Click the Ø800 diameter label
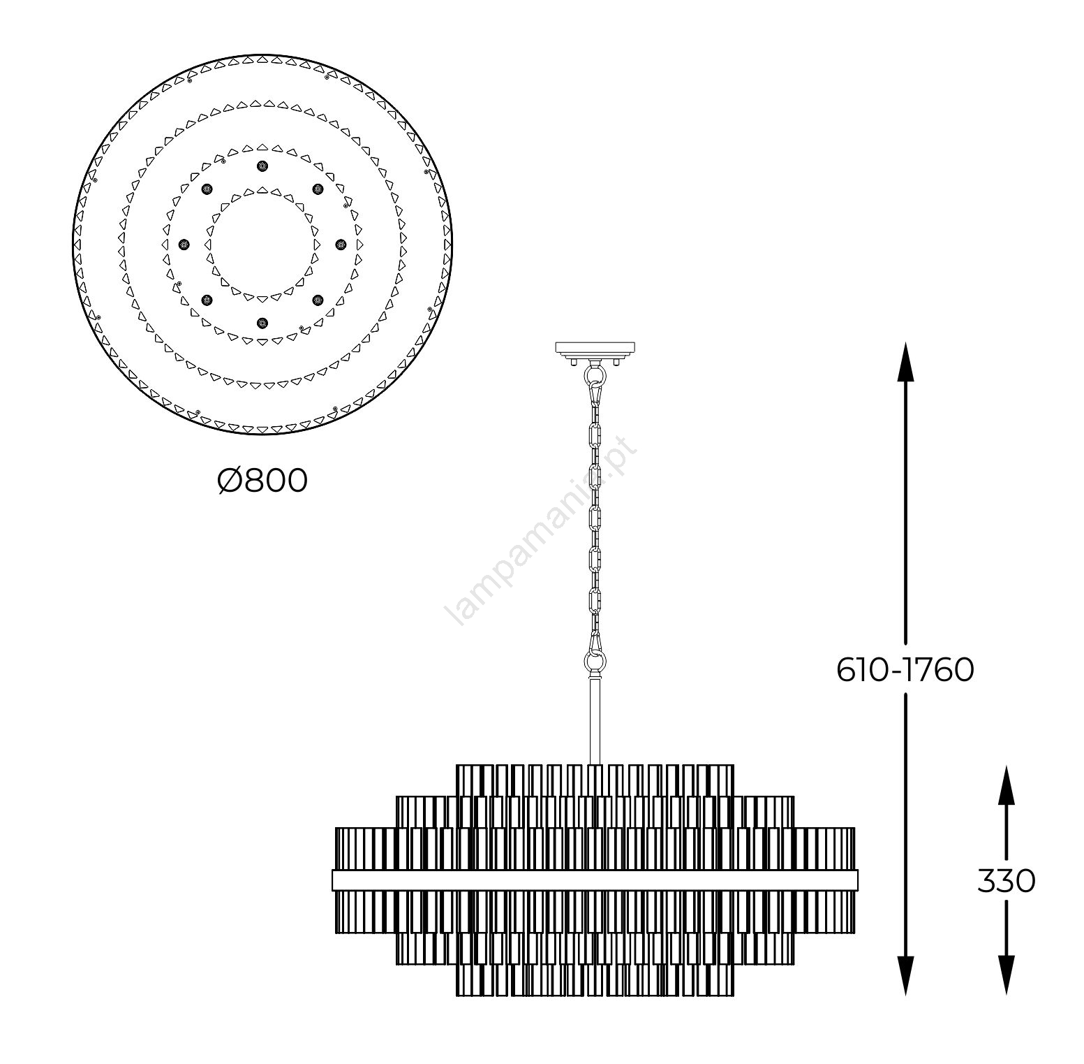pyautogui.click(x=262, y=481)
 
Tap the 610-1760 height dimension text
pyautogui.click(x=905, y=671)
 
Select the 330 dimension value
pyautogui.click(x=1006, y=882)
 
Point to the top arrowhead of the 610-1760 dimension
pyautogui.click(x=905, y=360)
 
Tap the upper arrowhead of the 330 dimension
pyautogui.click(x=1006, y=782)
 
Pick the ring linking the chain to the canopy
pyautogui.click(x=595, y=376)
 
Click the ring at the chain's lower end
pyautogui.click(x=595, y=661)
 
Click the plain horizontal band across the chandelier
pyautogui.click(x=595, y=880)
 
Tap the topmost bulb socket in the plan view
pyautogui.click(x=262, y=166)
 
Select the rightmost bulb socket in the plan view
pyautogui.click(x=341, y=244)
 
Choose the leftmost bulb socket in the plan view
pyautogui.click(x=184, y=244)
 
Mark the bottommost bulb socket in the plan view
pyautogui.click(x=262, y=322)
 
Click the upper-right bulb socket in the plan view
pyautogui.click(x=318, y=189)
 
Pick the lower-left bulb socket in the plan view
pyautogui.click(x=207, y=300)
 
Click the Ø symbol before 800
pyautogui.click(x=230, y=481)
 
